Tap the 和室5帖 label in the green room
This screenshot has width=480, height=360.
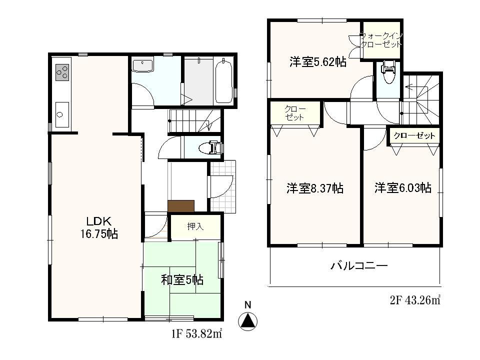182,279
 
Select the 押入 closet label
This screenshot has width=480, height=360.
195,226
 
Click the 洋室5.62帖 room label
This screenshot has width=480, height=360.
317,62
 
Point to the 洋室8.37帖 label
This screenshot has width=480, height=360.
314,188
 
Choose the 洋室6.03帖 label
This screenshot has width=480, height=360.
403,188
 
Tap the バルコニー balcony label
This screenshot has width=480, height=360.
358,266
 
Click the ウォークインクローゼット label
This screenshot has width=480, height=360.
381,39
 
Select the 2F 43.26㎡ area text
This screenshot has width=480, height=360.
415,300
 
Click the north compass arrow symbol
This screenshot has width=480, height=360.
247,320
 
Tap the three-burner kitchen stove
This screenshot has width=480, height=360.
62,73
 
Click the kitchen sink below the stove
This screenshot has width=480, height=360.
61,114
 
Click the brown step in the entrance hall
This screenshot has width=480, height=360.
181,205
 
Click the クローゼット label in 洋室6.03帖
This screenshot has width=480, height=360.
414,135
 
